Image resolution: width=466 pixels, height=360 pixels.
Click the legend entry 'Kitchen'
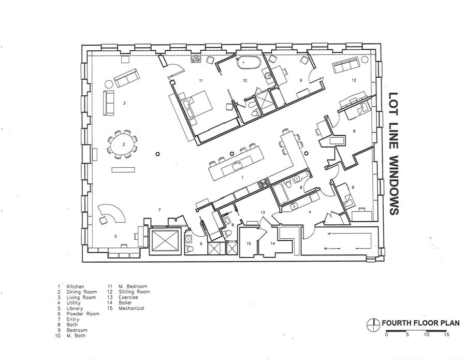click(x=75, y=286)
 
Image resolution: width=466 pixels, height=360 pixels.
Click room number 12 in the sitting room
click(x=354, y=81)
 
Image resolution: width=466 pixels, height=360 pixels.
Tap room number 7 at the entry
click(x=159, y=210)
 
